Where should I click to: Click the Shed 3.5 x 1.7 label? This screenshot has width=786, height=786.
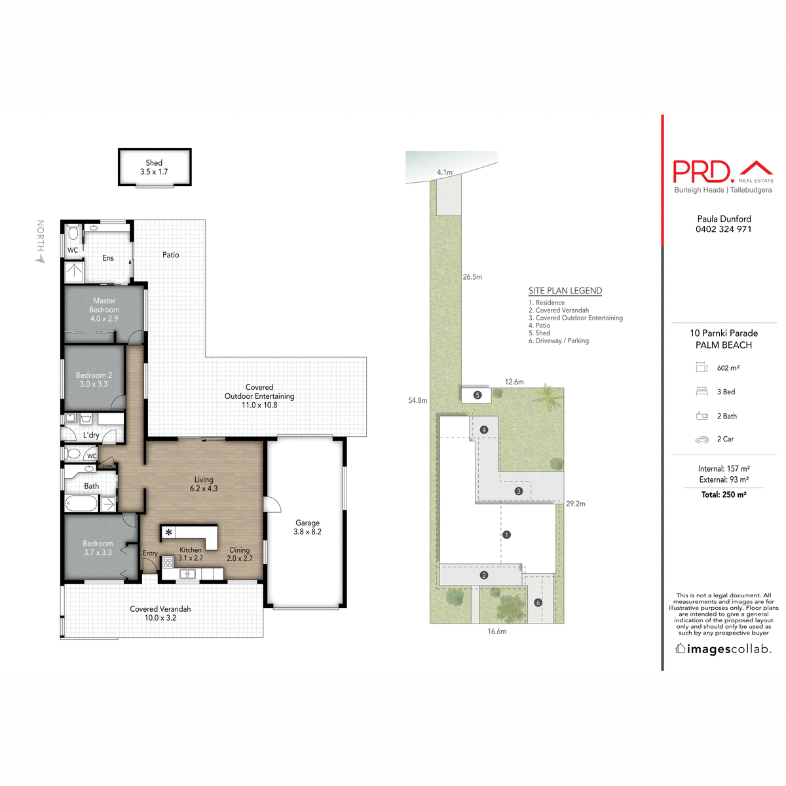tap(154, 167)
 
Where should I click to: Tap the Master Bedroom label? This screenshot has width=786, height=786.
tap(104, 309)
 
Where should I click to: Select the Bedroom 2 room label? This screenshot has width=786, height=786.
tap(94, 379)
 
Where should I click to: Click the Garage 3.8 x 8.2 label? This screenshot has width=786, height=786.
tap(307, 527)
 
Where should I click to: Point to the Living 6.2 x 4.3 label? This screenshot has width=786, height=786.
tap(204, 484)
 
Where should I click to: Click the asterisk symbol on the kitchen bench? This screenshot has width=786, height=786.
tap(169, 533)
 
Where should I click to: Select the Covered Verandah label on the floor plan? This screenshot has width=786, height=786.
tap(160, 613)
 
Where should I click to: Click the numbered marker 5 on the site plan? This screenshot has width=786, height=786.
tap(477, 395)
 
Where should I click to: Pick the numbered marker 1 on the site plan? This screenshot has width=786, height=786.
tap(506, 534)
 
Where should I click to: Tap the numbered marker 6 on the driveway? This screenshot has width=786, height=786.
tap(538, 603)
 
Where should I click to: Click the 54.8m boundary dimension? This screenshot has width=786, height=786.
tap(417, 400)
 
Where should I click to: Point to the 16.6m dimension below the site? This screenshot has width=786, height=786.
tap(496, 631)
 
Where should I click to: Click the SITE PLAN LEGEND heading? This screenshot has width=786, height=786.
tap(565, 291)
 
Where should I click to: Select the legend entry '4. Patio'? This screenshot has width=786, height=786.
tap(540, 326)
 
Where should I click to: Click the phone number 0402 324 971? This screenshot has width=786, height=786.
tap(723, 229)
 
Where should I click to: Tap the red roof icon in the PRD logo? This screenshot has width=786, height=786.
tap(756, 168)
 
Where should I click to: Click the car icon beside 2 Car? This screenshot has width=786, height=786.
tap(702, 440)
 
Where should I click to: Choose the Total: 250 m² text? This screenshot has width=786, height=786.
tap(724, 495)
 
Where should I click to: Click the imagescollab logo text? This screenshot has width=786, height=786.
tap(723, 649)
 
